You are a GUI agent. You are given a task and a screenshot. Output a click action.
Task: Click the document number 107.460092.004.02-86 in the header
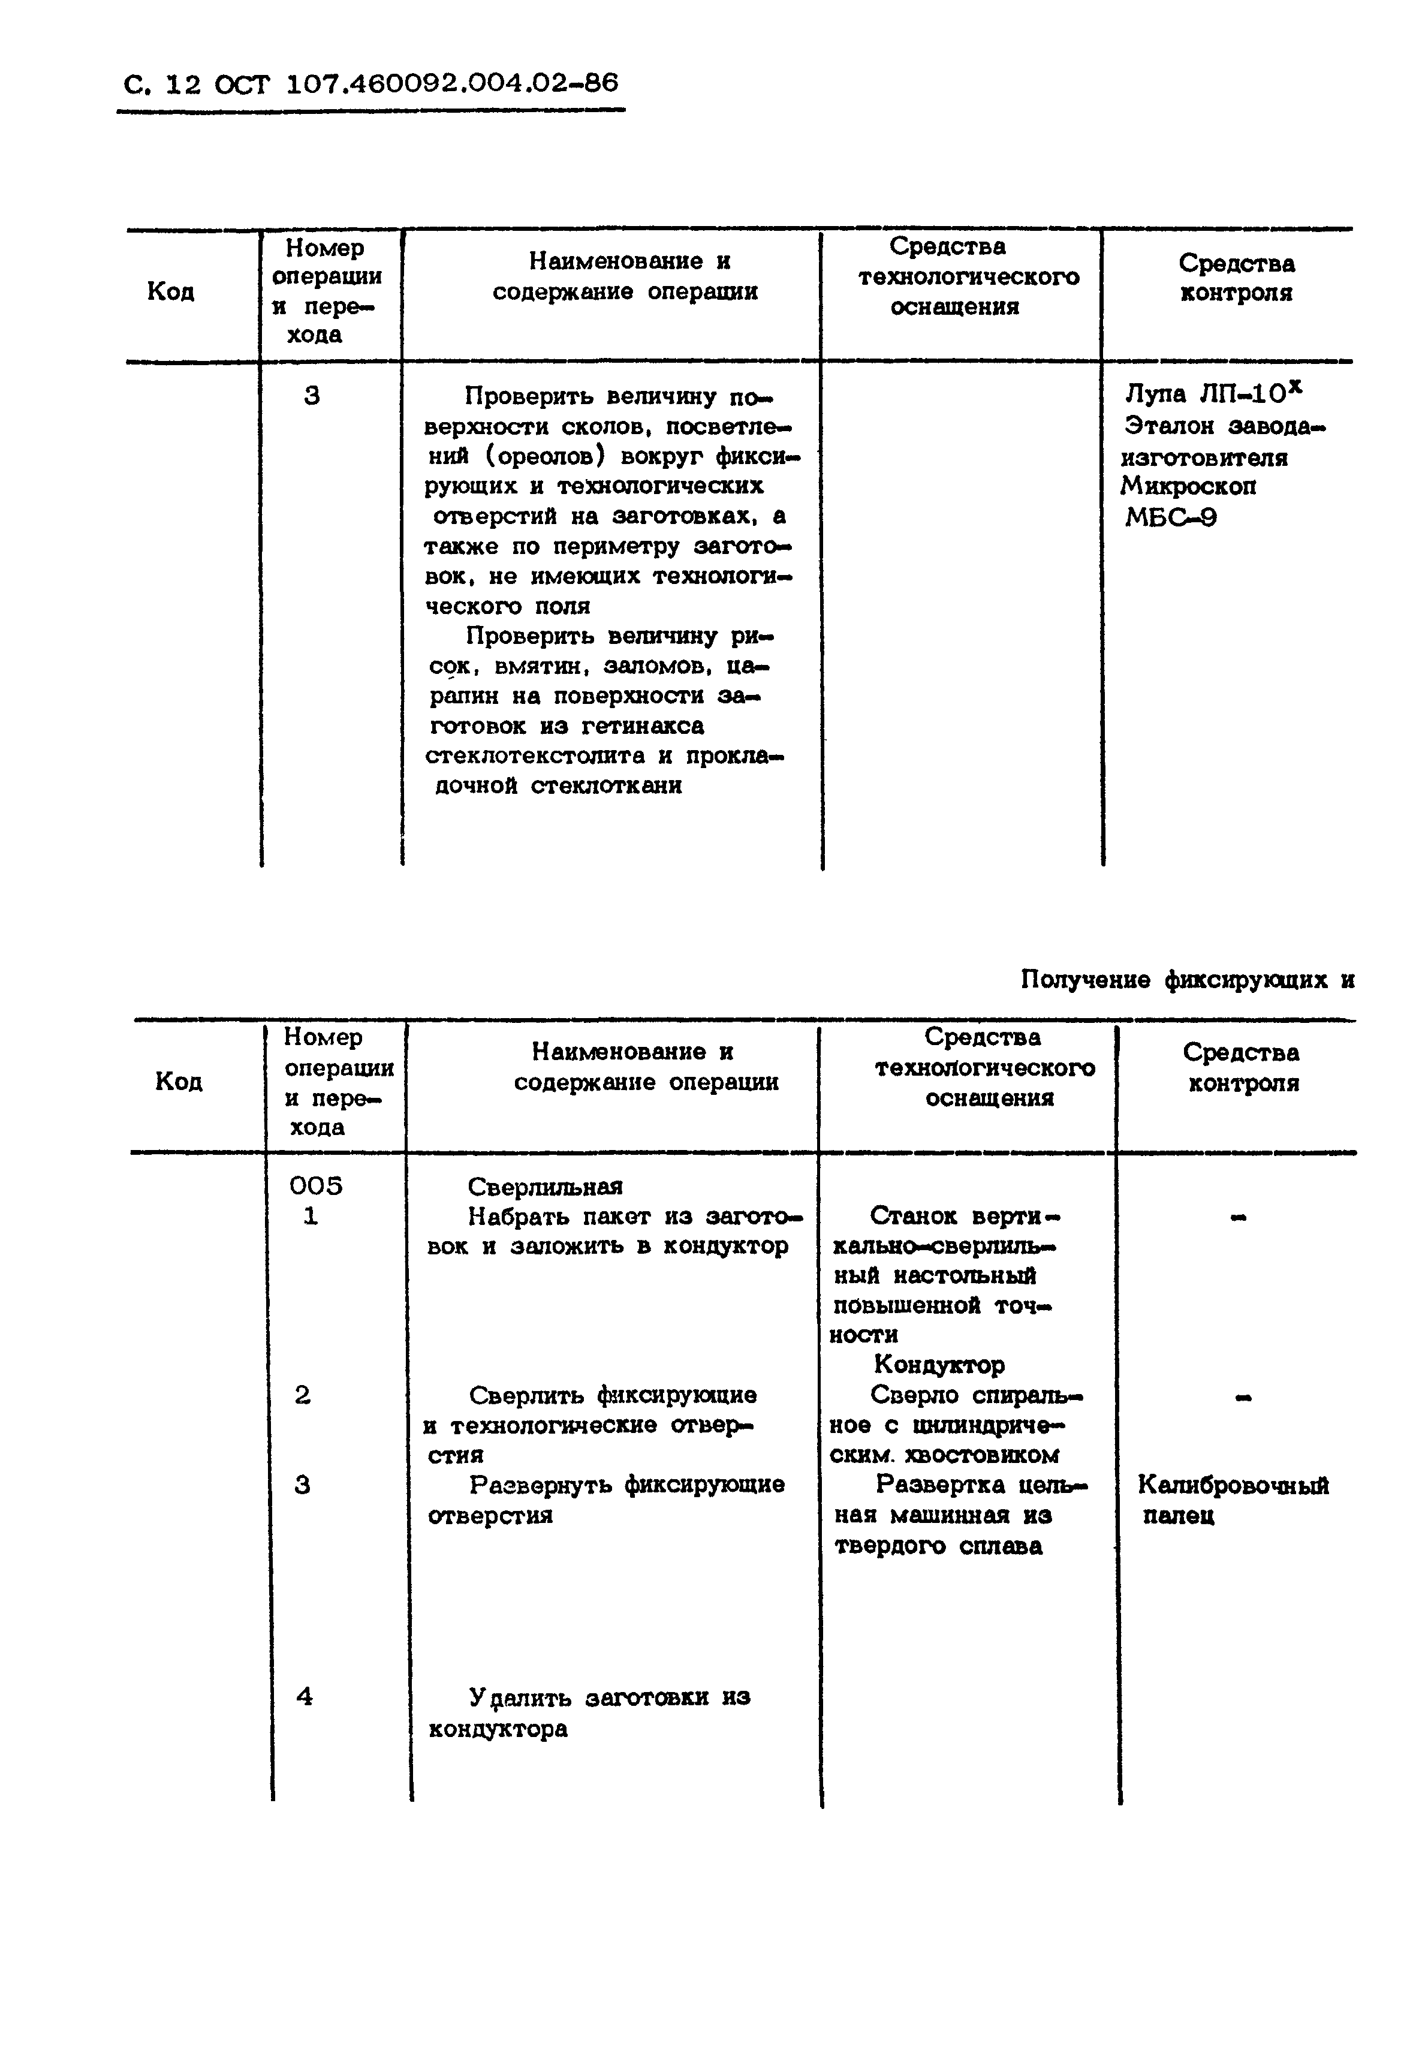453,83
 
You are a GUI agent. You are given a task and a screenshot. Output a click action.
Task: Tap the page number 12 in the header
183,85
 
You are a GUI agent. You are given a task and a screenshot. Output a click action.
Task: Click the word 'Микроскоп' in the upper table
1188,486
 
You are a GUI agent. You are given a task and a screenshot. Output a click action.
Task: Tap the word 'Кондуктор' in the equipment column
939,1365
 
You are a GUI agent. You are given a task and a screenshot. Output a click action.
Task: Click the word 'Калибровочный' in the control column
1233,1485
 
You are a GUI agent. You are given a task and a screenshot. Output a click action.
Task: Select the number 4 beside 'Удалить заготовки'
305,1697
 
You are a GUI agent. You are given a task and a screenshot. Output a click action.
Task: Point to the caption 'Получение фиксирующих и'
1187,980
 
